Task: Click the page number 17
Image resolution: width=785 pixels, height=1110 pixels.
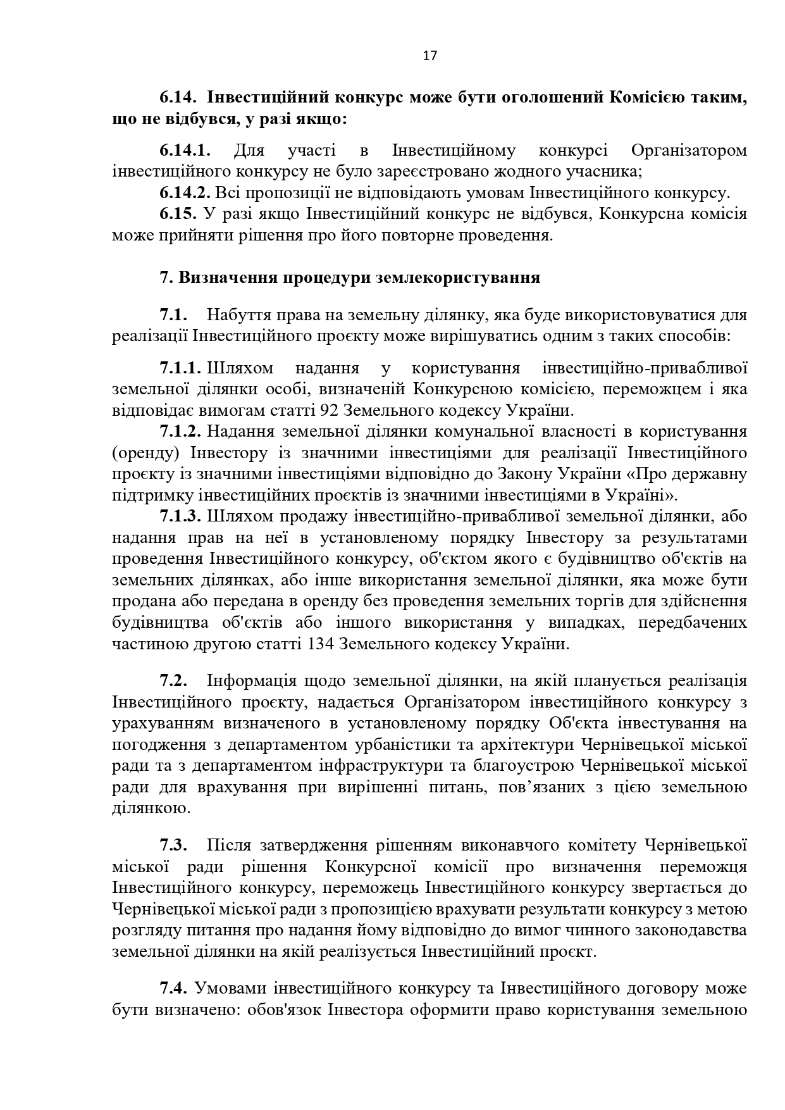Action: point(430,56)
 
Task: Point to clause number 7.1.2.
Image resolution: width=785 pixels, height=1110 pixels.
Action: point(180,432)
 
